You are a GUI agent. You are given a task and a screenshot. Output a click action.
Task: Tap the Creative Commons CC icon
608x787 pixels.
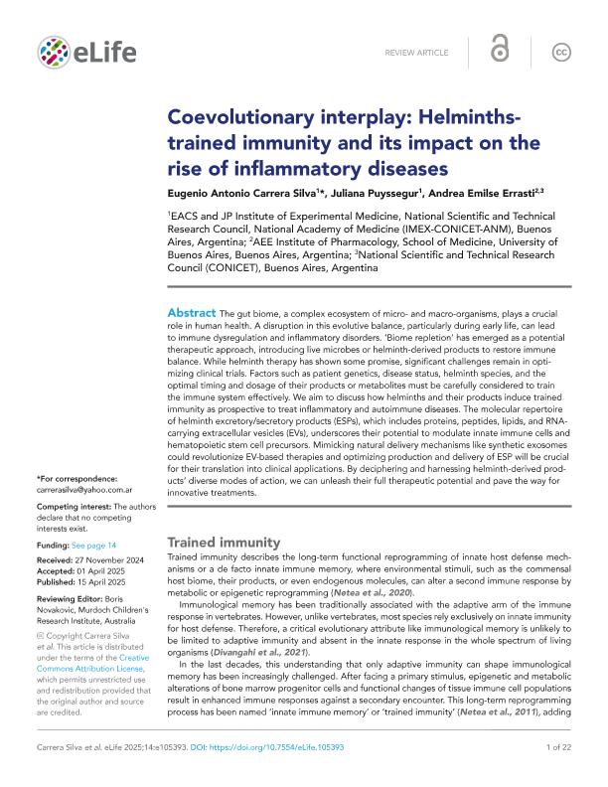562,51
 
